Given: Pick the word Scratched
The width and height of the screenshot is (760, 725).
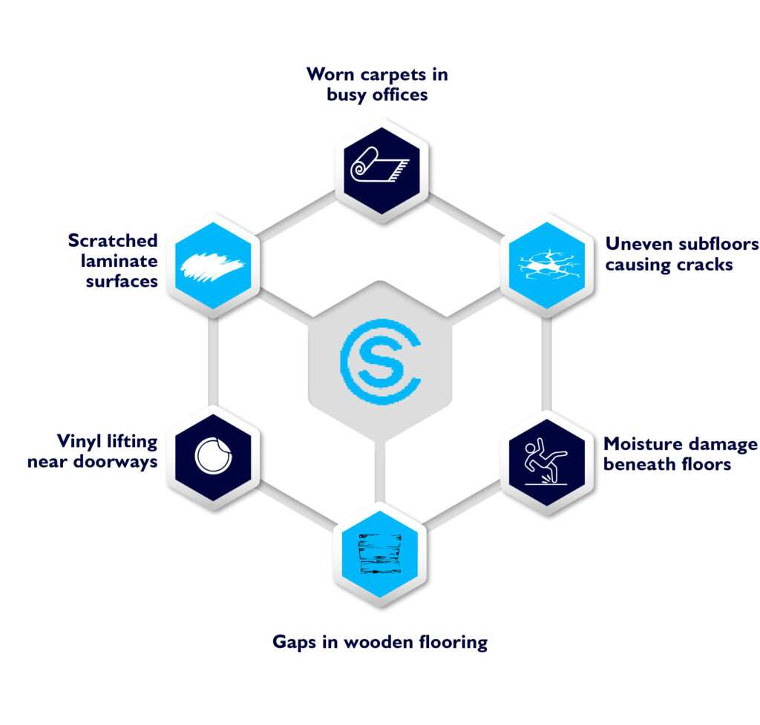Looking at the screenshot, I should (x=113, y=241).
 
